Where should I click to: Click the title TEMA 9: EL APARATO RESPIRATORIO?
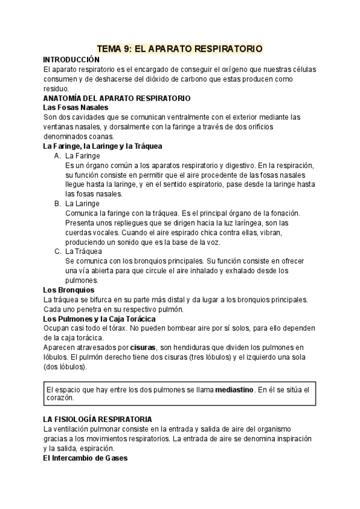179,49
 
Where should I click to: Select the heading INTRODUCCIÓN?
71,60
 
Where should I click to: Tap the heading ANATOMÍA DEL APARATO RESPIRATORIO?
117,98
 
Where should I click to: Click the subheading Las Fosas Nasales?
76,107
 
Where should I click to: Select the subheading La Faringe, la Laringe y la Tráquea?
103,146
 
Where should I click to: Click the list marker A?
58,155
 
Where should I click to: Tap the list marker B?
58,203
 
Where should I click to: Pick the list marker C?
58,251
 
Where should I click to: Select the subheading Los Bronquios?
68,290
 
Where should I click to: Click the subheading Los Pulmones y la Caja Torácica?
100,319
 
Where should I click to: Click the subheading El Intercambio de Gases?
85,458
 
